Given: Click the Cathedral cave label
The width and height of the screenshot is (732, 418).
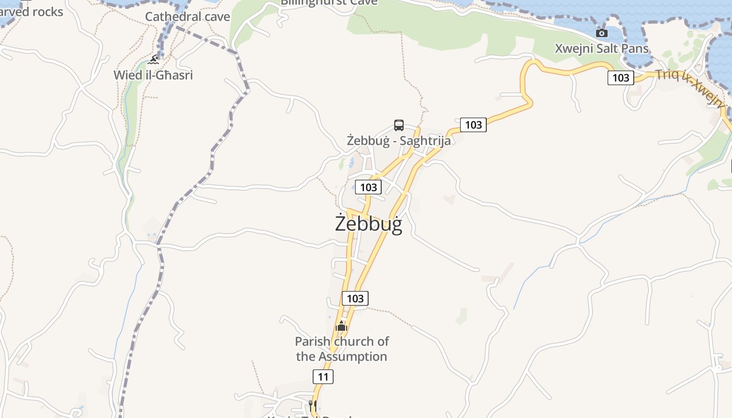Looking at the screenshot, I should click(187, 17).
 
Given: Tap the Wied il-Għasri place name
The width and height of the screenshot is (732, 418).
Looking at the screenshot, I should click(153, 75).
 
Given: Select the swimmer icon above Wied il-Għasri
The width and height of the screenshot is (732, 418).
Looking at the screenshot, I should click(153, 60).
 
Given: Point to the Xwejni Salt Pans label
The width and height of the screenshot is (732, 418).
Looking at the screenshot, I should click(601, 49).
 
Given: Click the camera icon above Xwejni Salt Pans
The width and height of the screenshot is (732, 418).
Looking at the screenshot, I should click(602, 33).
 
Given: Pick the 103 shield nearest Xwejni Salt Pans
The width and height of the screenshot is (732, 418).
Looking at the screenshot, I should click(621, 78).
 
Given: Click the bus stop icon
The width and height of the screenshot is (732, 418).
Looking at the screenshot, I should click(399, 125).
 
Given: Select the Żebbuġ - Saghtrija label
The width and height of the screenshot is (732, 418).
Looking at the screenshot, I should click(398, 141).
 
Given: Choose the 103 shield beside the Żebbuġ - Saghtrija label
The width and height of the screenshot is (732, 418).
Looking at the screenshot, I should click(473, 125).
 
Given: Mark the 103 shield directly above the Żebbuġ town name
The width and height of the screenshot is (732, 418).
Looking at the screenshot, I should click(368, 187).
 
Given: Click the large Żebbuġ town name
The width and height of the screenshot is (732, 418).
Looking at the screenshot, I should click(369, 224).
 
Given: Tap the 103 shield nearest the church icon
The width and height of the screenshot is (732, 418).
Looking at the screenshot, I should click(355, 298).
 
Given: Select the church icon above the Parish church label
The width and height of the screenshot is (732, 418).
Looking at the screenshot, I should click(341, 326).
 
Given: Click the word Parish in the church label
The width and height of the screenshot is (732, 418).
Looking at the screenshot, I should click(313, 342).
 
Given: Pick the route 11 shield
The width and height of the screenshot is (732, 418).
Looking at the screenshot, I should click(323, 376).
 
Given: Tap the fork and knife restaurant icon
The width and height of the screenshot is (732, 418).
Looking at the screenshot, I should click(313, 405).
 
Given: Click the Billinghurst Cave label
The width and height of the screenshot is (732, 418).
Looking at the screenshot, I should click(329, 3).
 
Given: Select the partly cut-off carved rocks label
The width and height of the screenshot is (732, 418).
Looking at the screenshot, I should click(31, 11).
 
